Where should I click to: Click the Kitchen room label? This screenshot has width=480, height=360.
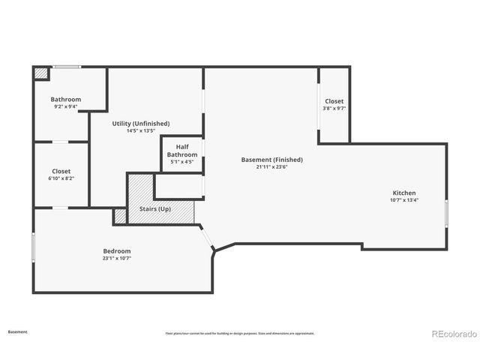coord(403,193)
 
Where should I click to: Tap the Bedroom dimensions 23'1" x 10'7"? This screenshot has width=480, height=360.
coord(117,258)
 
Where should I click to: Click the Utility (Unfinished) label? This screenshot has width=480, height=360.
coord(141,123)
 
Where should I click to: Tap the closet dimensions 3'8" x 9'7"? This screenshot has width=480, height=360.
coord(334,109)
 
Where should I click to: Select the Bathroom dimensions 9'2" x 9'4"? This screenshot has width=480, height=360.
coord(66,106)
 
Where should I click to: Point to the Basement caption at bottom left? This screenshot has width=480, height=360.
coord(18,331)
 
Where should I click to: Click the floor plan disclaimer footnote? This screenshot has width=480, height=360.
coord(240,333)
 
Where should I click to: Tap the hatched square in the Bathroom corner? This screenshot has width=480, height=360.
coord(40,73)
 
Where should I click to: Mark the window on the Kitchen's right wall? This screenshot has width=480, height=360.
coord(446,213)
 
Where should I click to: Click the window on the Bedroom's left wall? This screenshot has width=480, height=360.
coord(33,248)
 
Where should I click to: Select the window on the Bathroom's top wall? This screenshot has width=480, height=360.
coord(66,67)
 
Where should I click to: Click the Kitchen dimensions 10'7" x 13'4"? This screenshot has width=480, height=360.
coord(403,200)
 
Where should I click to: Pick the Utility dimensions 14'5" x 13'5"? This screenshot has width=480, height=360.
coord(141,130)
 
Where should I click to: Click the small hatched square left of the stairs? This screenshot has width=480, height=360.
coord(120,216)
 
